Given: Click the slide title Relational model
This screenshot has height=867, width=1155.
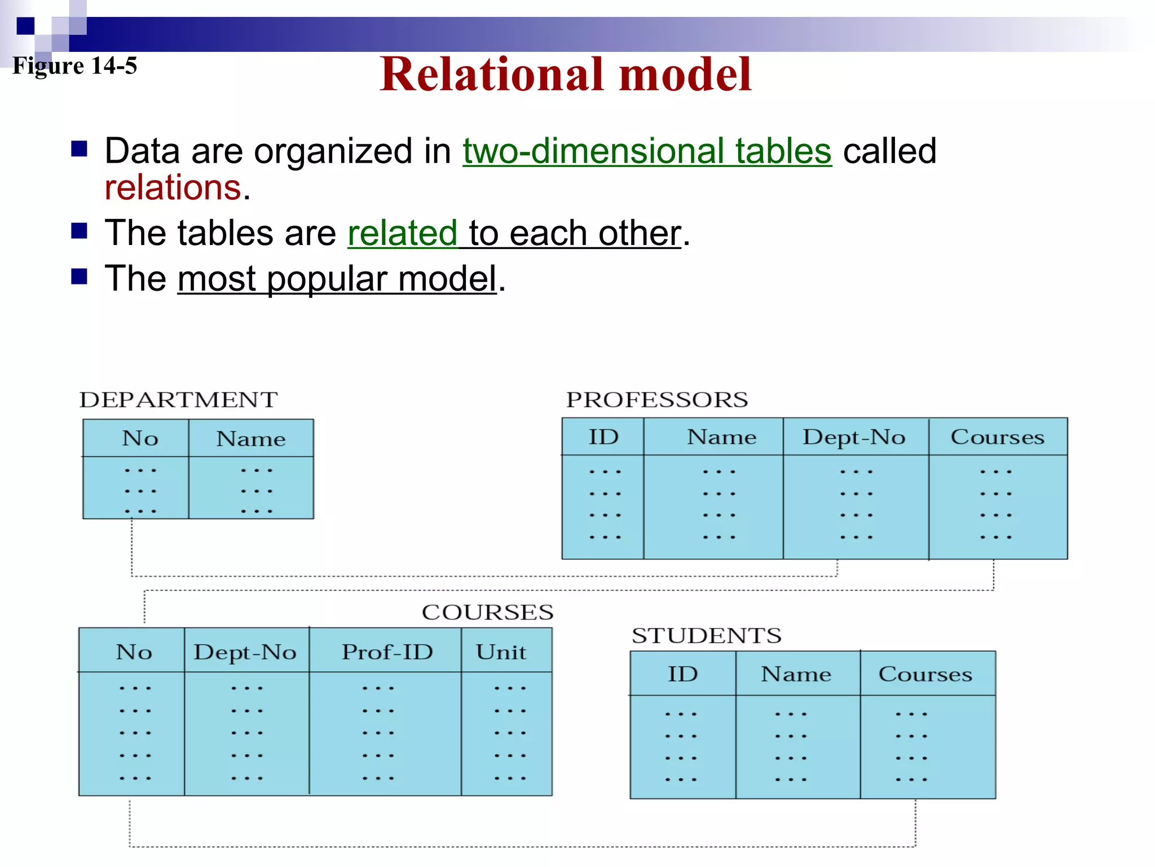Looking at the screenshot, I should (565, 75).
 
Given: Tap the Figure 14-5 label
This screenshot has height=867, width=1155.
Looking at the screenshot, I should (74, 66).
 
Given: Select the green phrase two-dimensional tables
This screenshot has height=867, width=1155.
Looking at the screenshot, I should (647, 151).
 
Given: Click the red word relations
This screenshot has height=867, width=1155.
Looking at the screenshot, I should (173, 188).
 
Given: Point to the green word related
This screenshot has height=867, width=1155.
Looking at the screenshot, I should (402, 233).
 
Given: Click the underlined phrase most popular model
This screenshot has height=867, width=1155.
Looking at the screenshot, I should (337, 279).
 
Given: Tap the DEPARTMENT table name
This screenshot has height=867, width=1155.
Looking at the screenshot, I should (178, 400).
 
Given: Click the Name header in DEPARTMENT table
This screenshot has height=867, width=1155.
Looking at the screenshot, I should (251, 439).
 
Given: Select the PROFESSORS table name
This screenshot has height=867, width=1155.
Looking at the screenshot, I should (657, 400).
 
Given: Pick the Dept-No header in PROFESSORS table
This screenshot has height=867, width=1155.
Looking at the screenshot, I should (854, 437).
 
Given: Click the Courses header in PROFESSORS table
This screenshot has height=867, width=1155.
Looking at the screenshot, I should (997, 437).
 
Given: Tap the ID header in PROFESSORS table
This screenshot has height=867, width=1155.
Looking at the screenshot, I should (603, 437).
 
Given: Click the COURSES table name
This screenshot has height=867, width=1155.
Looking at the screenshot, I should (487, 612).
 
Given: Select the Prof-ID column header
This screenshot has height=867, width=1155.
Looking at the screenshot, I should (387, 653).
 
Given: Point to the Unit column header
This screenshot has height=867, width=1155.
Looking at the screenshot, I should (501, 653).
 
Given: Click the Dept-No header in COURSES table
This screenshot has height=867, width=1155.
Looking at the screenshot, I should (245, 653).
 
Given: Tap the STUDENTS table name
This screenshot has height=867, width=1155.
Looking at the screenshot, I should (706, 636).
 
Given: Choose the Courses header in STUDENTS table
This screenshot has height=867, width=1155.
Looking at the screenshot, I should (925, 675).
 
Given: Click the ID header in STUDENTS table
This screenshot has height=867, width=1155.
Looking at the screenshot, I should (682, 675).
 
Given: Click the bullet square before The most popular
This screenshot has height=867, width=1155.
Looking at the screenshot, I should (79, 277).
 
